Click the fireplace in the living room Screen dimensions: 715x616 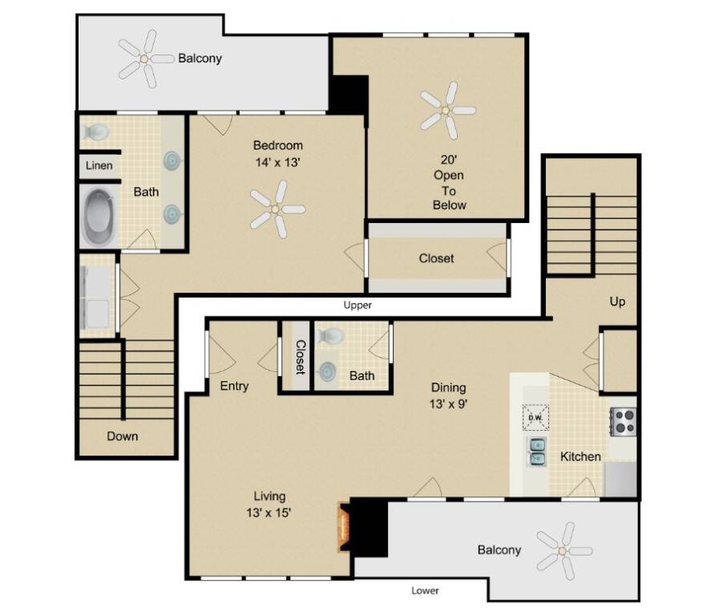click(x=344, y=527)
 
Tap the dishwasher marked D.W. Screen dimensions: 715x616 click(x=535, y=418)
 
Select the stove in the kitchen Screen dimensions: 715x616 click(x=623, y=422)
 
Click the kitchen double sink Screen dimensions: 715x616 click(x=536, y=452)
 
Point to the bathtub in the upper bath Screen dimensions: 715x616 click(x=99, y=217)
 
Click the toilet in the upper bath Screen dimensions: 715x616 click(x=95, y=132)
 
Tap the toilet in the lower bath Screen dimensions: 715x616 click(x=330, y=336)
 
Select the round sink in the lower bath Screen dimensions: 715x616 click(x=327, y=371)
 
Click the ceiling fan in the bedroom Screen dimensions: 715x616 click(x=277, y=209)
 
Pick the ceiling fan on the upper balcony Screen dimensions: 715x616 click(x=145, y=59)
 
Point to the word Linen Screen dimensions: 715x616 click(x=99, y=165)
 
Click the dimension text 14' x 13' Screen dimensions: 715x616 click(x=277, y=162)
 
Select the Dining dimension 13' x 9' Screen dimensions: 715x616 click(x=449, y=403)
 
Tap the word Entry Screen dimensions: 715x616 click(x=234, y=386)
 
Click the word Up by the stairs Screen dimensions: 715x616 click(x=617, y=302)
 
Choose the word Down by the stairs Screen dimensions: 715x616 click(x=122, y=436)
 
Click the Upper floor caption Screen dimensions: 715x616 click(x=357, y=306)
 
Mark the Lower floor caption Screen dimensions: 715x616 click(x=425, y=590)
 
